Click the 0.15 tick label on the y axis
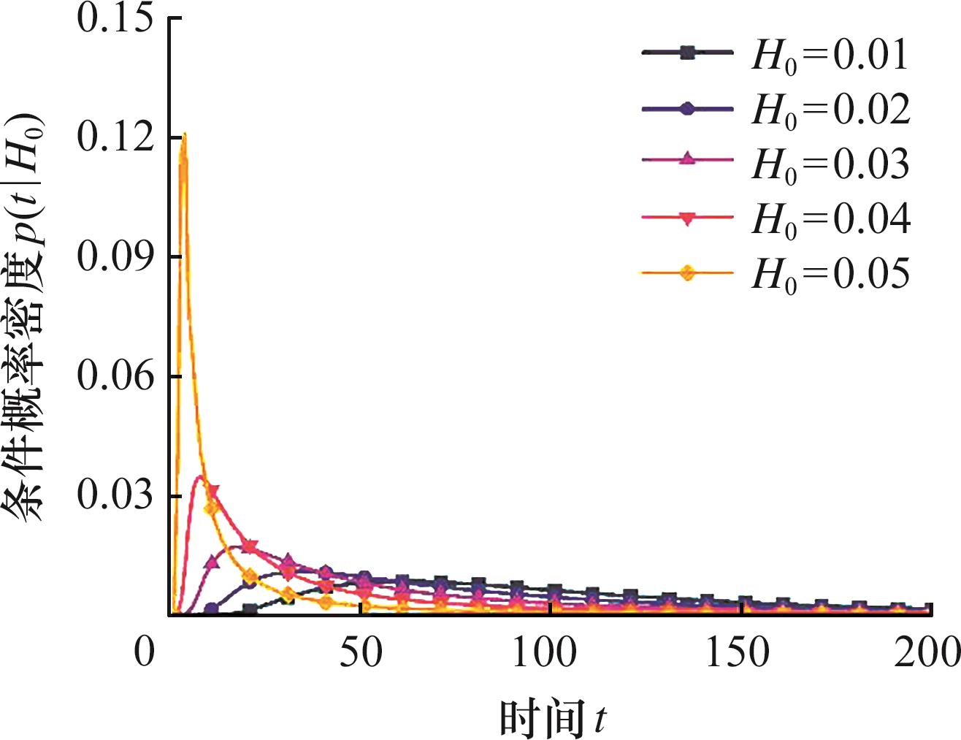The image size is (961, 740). click(x=115, y=18)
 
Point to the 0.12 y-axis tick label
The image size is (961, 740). click(x=115, y=137)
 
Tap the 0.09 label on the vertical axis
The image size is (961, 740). click(x=115, y=257)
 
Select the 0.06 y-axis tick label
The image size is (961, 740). click(x=115, y=377)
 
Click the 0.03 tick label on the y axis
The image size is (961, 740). click(x=115, y=496)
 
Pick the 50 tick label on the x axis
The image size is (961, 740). click(x=361, y=652)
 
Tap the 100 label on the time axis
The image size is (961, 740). click(x=545, y=652)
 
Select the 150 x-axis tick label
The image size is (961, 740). click(x=738, y=652)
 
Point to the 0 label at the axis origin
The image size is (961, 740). click(x=145, y=652)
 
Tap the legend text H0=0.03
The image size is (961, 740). click(x=831, y=165)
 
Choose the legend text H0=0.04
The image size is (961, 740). click(x=831, y=219)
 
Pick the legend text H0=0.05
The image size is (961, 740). click(x=831, y=275)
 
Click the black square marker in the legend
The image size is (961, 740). click(x=686, y=52)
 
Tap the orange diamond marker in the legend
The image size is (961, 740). click(x=686, y=273)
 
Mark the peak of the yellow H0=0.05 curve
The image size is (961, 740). click(x=184, y=134)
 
